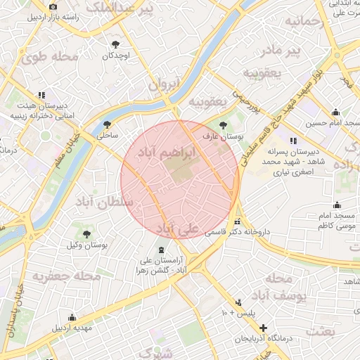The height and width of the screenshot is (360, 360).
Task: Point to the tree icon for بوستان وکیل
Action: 87,234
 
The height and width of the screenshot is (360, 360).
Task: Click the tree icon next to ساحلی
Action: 107,124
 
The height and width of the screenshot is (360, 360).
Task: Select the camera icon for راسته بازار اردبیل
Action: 53,6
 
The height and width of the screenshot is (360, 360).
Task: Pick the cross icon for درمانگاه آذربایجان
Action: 263,328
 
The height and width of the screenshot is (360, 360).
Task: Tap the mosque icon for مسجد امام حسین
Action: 335,112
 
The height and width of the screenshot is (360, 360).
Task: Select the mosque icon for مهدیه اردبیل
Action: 72,317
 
